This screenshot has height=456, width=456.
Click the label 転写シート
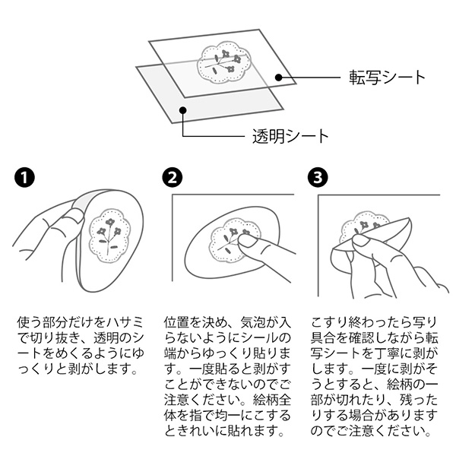[x=387, y=78]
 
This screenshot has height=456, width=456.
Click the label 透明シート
[x=290, y=136]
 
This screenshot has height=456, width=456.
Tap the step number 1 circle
[x=24, y=177]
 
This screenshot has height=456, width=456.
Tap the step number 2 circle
[x=173, y=177]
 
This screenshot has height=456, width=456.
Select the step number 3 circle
[x=318, y=177]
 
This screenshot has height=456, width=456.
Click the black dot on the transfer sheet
[x=279, y=78]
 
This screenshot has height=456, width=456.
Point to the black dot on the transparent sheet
[x=182, y=110]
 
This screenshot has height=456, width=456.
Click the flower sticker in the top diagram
[x=224, y=63]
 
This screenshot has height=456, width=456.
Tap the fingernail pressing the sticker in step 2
[x=247, y=241]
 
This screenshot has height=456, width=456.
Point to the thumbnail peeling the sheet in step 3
[x=360, y=240]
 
